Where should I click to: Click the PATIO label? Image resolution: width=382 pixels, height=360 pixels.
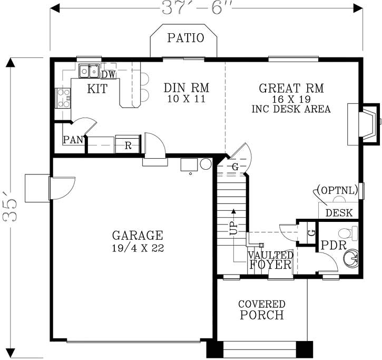pyautogui.click(x=185, y=38)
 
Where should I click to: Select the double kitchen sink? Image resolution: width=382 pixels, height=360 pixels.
pyautogui.click(x=89, y=71)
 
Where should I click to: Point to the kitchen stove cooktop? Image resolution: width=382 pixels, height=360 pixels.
pyautogui.click(x=63, y=98)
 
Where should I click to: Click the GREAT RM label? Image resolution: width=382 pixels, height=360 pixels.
pyautogui.click(x=291, y=87)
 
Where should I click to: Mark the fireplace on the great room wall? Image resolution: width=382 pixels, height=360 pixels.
pyautogui.click(x=364, y=124)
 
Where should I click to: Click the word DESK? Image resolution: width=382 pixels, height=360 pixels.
pyautogui.click(x=339, y=213)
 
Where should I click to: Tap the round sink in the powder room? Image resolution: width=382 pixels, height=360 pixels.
pyautogui.click(x=351, y=258)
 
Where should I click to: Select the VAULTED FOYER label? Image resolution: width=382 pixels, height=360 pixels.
pyautogui.click(x=270, y=260)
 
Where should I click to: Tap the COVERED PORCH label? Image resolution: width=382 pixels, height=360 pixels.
pyautogui.click(x=262, y=310)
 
